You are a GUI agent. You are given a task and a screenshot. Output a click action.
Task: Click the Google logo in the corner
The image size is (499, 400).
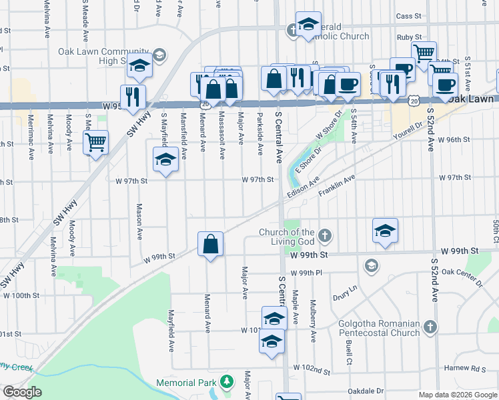pos(22,392)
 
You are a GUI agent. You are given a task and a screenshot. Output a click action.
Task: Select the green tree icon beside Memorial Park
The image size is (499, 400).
pos(227,382)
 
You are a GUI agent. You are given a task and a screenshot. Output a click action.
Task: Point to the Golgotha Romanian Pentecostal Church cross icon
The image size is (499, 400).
pos(431,327)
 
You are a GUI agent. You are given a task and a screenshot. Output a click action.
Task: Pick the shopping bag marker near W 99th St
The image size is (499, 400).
pos(210,244)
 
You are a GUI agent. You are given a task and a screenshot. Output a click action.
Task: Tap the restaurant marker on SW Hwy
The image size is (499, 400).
pos(133,97)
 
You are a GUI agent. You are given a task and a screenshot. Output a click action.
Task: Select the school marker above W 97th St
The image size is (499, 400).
pos(165,160)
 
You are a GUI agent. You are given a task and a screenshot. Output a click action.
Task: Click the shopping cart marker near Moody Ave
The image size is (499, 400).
pos(95,142)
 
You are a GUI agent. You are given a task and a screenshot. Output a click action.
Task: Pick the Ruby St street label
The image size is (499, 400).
pos(408,38)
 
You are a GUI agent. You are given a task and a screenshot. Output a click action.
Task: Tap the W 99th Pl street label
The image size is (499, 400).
pos(310,273)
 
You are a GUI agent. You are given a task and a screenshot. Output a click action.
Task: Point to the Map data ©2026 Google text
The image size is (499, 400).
pos(457,395)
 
